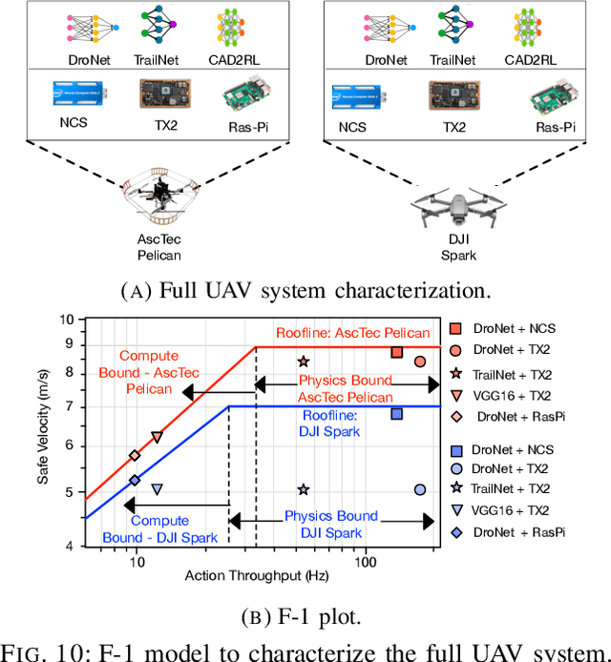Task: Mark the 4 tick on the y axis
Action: tap(70, 547)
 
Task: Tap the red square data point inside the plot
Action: tap(397, 353)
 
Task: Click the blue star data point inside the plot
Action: tap(303, 489)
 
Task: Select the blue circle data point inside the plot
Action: tap(419, 489)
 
